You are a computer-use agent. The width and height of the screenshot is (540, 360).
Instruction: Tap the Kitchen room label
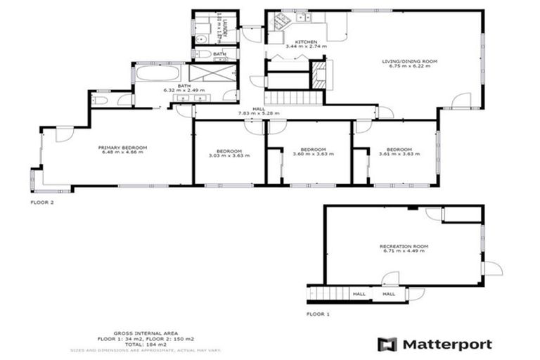tap(306, 42)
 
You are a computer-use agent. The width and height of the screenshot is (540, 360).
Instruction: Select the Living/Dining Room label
tap(410, 62)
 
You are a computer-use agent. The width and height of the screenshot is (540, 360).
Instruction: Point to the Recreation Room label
tap(404, 246)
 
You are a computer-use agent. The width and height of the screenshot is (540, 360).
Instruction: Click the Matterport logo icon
tap(387, 345)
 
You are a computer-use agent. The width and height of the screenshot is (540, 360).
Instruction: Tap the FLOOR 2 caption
tap(42, 202)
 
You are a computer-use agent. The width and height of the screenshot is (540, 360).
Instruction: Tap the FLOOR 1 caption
tap(318, 314)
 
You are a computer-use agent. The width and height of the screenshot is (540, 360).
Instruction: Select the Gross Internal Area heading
tap(146, 332)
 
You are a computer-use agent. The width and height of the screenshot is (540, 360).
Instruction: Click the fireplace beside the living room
tap(320, 72)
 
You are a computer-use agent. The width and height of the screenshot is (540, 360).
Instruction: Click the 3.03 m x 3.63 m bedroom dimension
tap(229, 154)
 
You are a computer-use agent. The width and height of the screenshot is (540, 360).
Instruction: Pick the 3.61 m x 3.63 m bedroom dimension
tap(395, 154)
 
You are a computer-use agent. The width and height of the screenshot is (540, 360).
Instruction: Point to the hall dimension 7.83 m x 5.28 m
tap(259, 113)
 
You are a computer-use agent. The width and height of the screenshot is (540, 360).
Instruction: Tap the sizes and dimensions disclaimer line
tap(146, 349)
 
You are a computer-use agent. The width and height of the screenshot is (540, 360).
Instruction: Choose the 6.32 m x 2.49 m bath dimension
tap(184, 91)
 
